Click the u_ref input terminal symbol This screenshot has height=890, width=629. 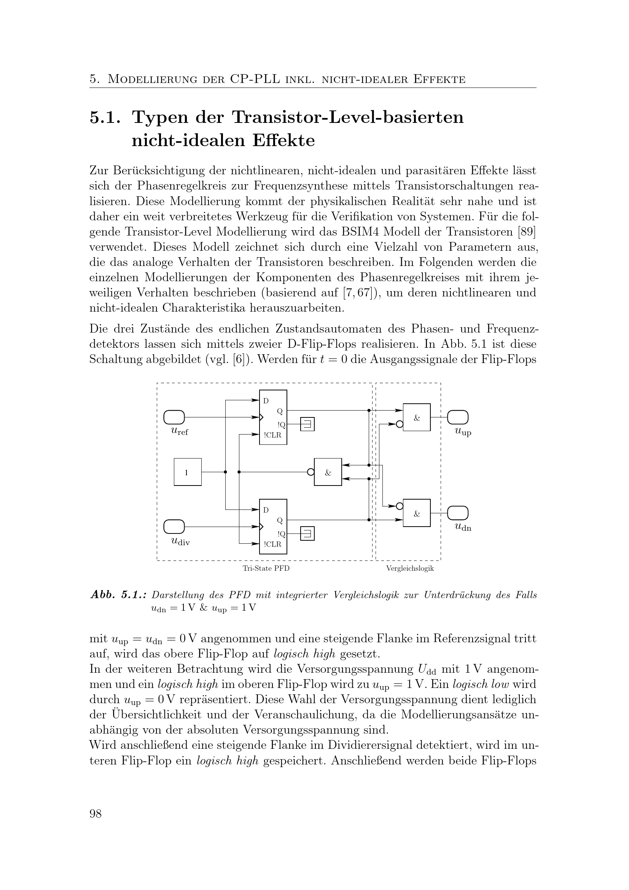[x=174, y=417]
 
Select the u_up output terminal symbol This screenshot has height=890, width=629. [x=458, y=417]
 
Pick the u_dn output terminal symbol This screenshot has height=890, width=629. [x=458, y=513]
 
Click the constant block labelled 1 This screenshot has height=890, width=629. [x=188, y=472]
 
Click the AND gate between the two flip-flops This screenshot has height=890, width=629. [x=328, y=472]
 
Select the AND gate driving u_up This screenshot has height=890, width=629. [x=417, y=417]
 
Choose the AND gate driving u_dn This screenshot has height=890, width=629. [x=417, y=513]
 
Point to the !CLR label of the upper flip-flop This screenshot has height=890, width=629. [x=272, y=435]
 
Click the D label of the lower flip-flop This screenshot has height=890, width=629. [x=266, y=510]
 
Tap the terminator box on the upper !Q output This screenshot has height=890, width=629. [x=307, y=424]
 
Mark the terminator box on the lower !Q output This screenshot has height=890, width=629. [x=307, y=534]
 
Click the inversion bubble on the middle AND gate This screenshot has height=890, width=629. [x=311, y=472]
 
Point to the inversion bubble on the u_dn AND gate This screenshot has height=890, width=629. [x=400, y=506]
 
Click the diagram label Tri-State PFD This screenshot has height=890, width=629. [x=266, y=568]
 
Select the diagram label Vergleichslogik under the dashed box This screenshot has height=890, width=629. [x=410, y=568]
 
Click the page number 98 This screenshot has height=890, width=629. [x=96, y=814]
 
